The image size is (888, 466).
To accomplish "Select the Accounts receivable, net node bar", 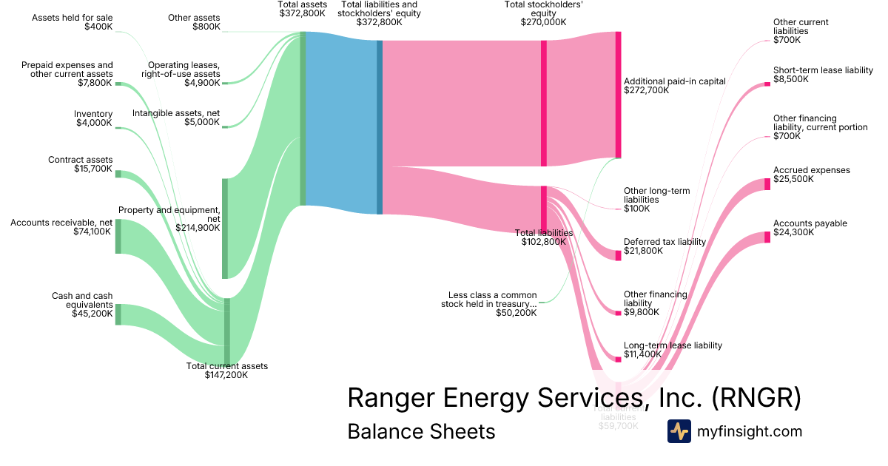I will coord(118,236).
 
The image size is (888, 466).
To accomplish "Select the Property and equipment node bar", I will coord(225,228).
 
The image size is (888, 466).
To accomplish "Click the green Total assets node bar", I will coord(303,118).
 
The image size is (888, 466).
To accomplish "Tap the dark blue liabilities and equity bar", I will coord(380,127).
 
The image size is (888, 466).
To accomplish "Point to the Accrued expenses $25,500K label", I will coord(811,175).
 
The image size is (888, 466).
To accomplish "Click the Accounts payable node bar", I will coord(767,237).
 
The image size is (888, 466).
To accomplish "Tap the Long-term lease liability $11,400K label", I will coord(672,350).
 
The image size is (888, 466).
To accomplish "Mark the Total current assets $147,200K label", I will coord(226,371).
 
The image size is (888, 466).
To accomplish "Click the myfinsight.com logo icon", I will coord(679,431).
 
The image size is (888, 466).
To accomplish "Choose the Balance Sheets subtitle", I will coord(421,431).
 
